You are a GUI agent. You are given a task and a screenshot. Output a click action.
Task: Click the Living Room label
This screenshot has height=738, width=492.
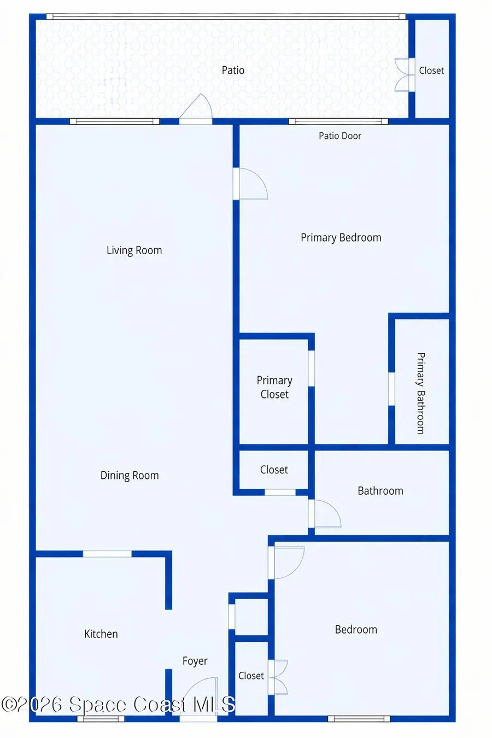134,250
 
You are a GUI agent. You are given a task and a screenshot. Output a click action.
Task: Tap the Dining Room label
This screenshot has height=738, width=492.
130,476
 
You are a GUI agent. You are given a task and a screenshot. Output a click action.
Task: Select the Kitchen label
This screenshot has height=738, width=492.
101,634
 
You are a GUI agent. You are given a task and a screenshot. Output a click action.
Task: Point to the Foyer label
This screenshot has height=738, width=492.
195,661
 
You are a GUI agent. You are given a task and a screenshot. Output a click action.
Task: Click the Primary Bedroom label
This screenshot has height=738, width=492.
341,238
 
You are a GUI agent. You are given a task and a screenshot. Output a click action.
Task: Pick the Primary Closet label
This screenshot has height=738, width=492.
274,387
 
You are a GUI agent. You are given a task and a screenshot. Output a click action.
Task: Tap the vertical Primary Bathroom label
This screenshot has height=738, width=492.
420,393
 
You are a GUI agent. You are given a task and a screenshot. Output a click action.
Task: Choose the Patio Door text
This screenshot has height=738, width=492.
340,136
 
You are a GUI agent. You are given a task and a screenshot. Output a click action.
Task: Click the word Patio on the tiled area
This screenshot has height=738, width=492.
233,70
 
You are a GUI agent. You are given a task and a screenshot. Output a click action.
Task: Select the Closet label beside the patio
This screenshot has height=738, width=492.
431,71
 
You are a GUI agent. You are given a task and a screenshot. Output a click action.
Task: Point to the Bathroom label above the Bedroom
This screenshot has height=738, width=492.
380,491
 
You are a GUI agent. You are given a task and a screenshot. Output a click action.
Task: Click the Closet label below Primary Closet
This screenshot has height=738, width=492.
274,470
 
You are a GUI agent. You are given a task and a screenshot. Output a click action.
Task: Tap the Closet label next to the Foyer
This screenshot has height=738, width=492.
251,676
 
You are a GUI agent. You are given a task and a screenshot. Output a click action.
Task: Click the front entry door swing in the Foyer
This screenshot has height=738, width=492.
199,697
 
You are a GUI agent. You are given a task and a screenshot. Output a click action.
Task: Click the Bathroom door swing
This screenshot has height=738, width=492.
326,514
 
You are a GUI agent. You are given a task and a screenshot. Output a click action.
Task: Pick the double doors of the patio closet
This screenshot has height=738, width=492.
403,74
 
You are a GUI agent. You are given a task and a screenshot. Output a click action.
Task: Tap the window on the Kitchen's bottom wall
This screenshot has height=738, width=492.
101,718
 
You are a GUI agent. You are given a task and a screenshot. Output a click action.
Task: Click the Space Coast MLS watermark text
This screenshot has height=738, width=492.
118,704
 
